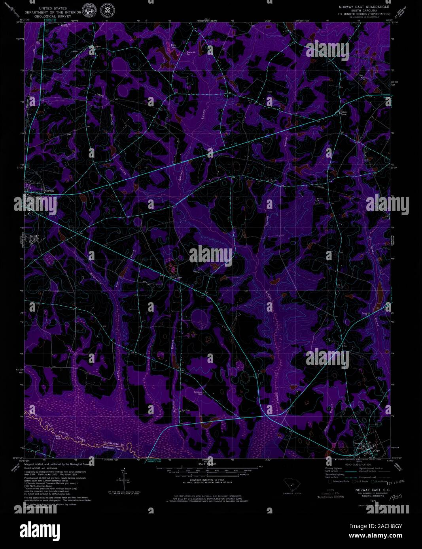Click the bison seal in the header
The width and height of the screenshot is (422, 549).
tap(88, 11)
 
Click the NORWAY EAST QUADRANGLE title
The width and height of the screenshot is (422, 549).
tap(363, 7)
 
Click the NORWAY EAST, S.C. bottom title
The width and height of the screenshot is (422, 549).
tap(364, 490)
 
